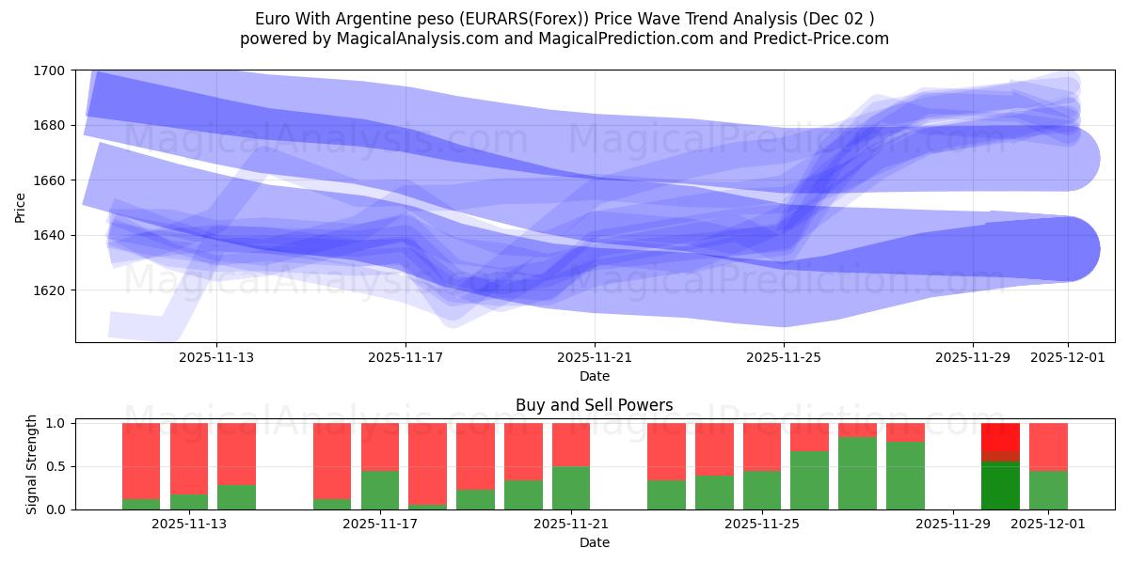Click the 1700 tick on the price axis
[50, 70]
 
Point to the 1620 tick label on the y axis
[50, 290]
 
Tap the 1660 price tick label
[50, 180]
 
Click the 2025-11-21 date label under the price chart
[595, 357]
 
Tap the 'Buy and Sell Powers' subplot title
[595, 406]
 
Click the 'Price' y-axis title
[21, 207]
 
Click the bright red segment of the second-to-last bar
[1000, 437]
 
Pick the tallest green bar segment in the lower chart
[857, 473]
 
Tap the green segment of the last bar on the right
[1048, 490]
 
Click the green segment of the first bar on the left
[141, 504]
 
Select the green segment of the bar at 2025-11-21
[570, 488]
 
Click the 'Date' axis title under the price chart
[595, 376]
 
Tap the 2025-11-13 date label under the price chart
[216, 357]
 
